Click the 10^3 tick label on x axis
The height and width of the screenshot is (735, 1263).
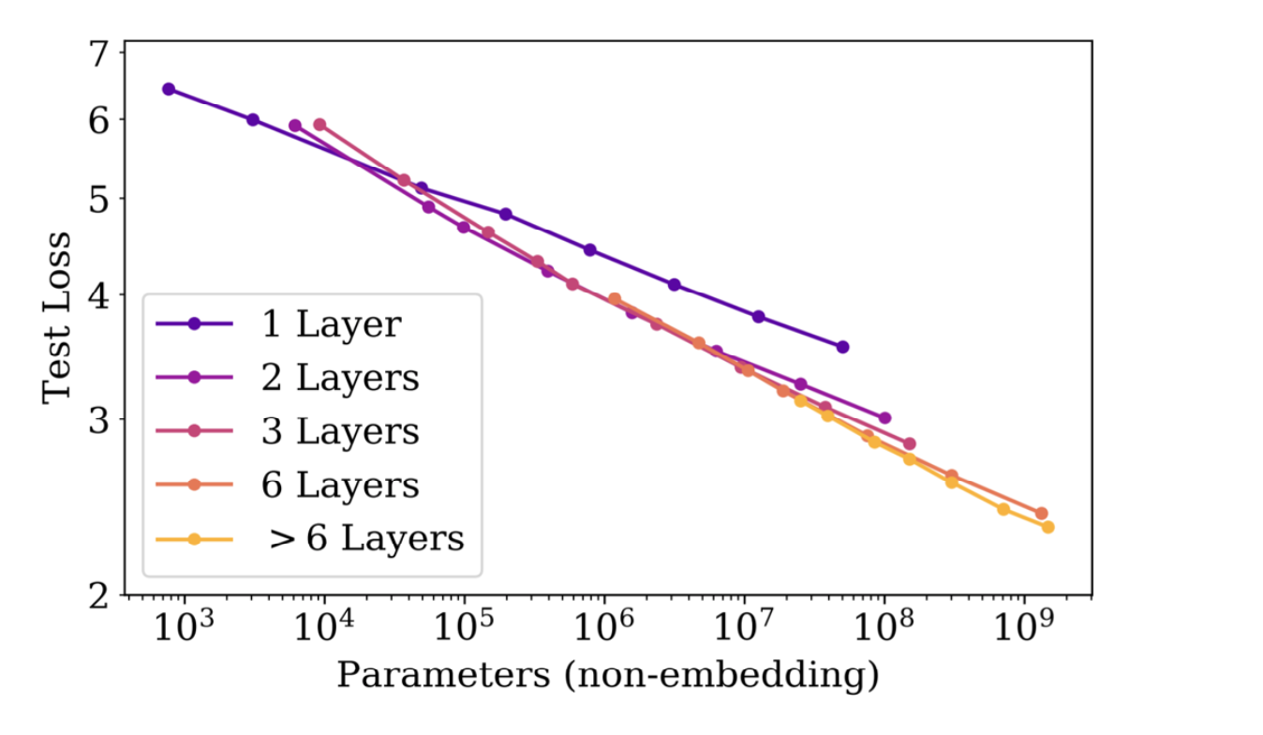pos(183,627)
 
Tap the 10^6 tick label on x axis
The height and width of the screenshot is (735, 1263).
pos(602,627)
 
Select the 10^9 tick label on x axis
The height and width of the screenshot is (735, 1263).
pos(1022,627)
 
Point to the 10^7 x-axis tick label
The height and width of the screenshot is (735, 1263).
pos(743,627)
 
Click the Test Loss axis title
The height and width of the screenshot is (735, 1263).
pos(57,315)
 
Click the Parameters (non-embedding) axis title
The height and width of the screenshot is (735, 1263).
pos(607,674)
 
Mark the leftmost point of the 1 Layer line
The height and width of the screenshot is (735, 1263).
pos(169,89)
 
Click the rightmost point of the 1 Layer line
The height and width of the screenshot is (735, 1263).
pos(842,347)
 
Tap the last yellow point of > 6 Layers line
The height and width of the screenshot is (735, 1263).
pos(1048,527)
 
